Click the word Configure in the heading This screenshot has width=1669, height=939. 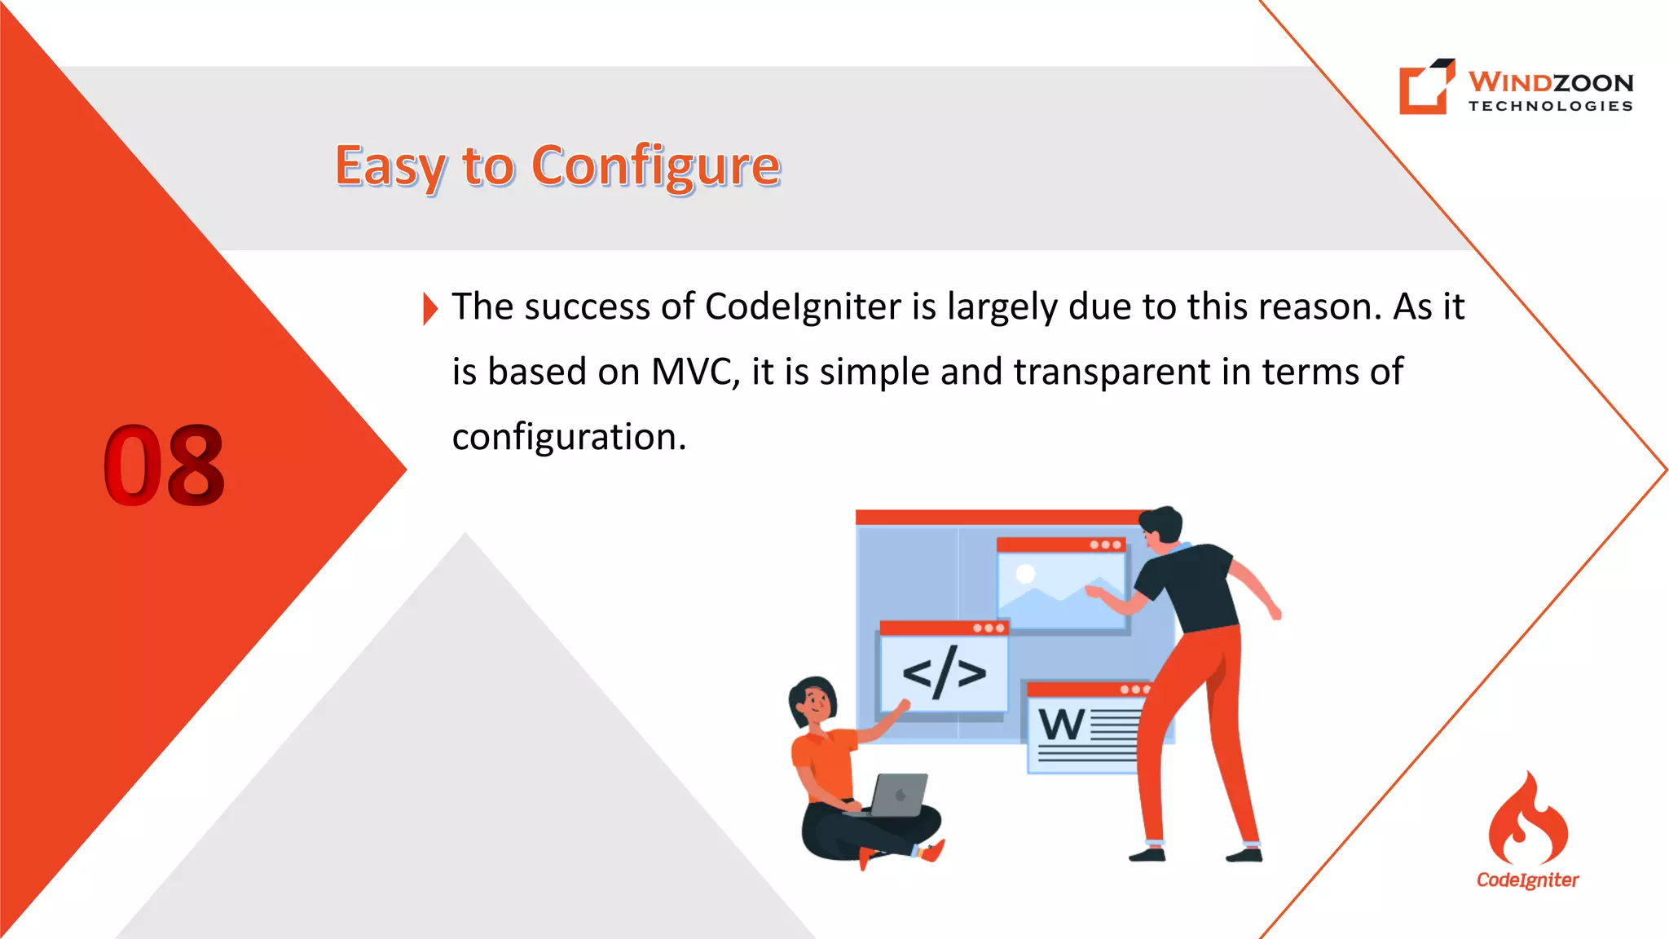(656, 165)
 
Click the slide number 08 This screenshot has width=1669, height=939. (164, 465)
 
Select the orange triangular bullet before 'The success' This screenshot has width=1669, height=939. (430, 309)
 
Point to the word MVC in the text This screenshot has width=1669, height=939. (694, 373)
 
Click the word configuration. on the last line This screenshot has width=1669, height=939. (569, 438)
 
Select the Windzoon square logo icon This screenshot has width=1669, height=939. (1425, 86)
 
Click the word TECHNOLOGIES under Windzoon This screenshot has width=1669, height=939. (1550, 106)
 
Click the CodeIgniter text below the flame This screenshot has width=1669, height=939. (1527, 880)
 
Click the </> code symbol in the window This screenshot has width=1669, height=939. (944, 673)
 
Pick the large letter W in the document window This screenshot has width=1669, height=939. (1061, 725)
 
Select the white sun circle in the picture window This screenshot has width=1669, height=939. (1025, 574)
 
